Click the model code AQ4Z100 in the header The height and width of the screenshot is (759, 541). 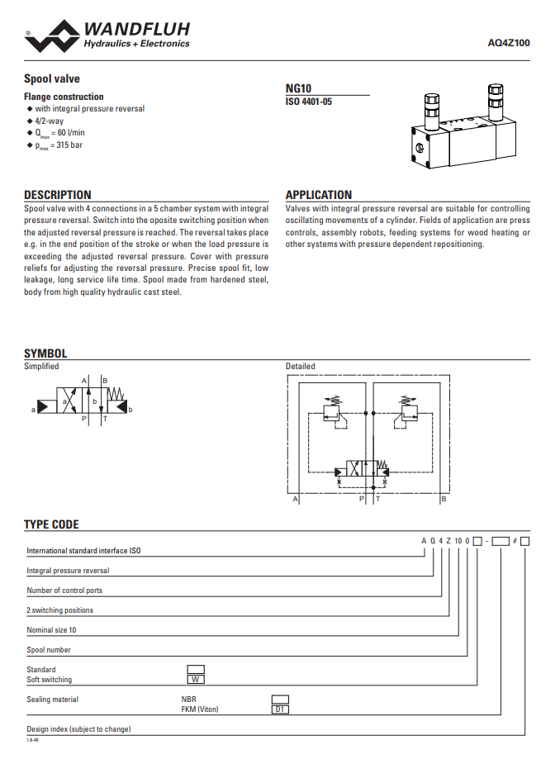click(510, 43)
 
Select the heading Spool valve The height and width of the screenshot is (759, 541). click(52, 79)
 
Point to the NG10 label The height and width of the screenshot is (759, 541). click(298, 88)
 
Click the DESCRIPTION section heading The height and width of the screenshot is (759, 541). click(58, 195)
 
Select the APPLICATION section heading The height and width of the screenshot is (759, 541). click(319, 195)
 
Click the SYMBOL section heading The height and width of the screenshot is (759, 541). click(45, 353)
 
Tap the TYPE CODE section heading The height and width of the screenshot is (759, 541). click(51, 524)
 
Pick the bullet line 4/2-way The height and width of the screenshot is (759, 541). click(50, 121)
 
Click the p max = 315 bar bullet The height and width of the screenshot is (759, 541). click(59, 145)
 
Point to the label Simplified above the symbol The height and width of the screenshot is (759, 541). click(41, 367)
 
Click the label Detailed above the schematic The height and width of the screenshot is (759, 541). click(301, 367)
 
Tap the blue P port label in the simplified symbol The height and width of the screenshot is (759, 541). click(84, 420)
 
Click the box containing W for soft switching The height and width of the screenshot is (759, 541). click(196, 680)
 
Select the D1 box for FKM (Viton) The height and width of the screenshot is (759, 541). click(280, 709)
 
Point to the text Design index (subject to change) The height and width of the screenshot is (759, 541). click(78, 729)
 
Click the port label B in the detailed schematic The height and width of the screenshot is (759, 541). click(444, 499)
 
